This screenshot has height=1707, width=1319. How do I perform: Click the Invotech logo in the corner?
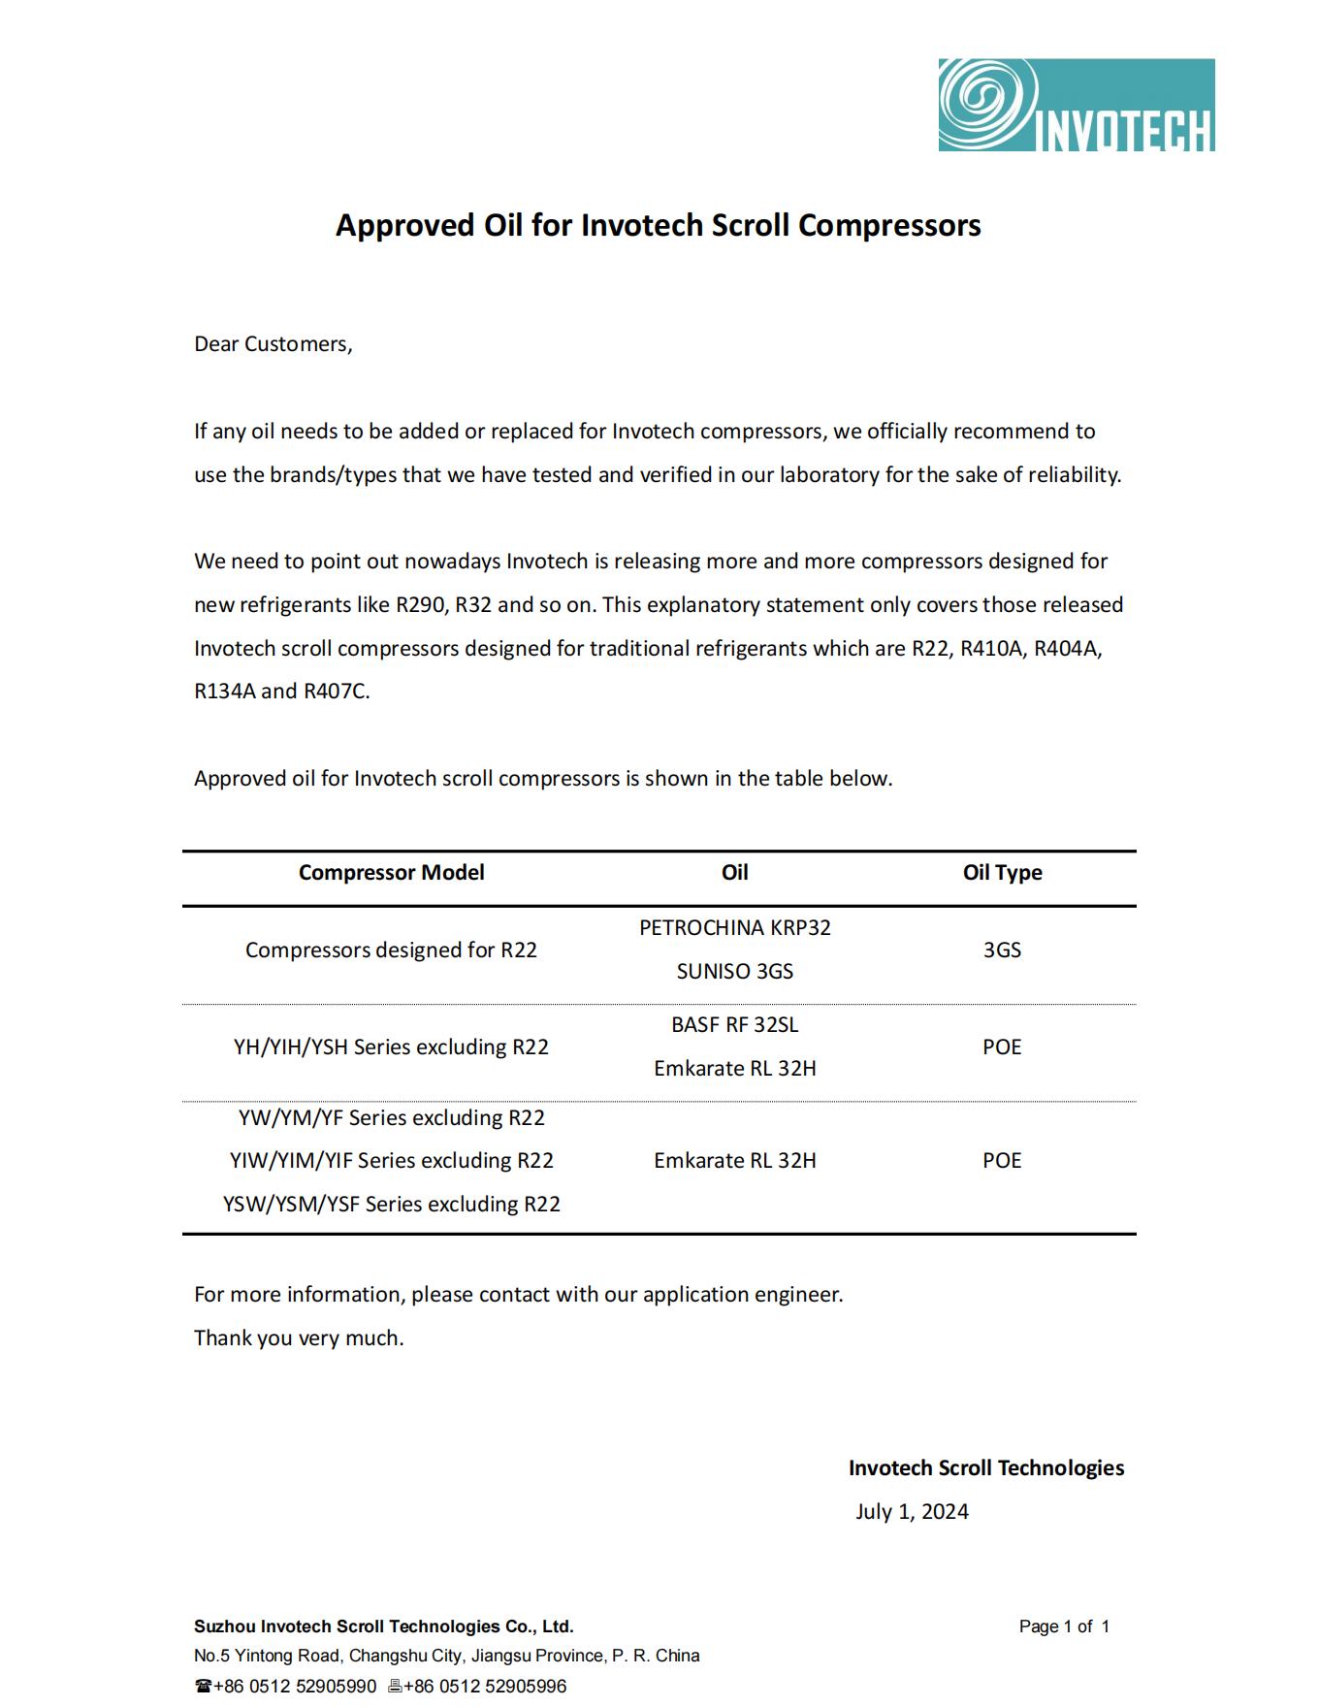(1076, 105)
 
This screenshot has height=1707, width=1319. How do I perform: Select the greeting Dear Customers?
(273, 344)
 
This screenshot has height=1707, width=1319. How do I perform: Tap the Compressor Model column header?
(391, 872)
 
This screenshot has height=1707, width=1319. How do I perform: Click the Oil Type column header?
(1002, 872)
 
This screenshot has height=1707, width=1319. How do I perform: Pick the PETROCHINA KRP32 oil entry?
(734, 927)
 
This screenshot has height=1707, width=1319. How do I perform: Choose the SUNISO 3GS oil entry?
(734, 971)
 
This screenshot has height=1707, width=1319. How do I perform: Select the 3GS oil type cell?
(1002, 950)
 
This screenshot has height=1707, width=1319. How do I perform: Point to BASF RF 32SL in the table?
(734, 1024)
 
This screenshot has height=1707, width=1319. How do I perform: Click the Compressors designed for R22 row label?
(391, 950)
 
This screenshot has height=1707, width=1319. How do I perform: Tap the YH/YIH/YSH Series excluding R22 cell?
(391, 1047)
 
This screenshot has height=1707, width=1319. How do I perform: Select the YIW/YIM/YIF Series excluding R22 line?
(391, 1160)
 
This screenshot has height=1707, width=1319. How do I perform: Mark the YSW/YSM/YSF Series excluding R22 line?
(391, 1204)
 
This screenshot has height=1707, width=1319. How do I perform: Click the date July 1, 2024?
(912, 1511)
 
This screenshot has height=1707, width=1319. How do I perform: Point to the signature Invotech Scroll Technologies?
(985, 1467)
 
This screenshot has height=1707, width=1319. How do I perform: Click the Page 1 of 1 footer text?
(1064, 1626)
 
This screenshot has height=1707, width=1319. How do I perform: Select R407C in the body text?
(336, 692)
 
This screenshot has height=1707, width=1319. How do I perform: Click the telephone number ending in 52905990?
(294, 1686)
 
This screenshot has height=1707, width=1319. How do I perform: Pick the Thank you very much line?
(298, 1337)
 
